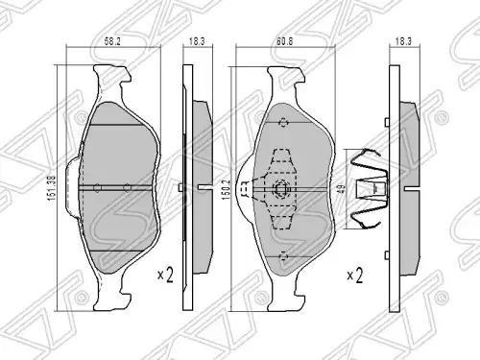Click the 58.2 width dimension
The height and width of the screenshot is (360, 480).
point(112,41)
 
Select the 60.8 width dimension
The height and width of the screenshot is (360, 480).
point(284,41)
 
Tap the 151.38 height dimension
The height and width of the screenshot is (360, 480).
point(52,188)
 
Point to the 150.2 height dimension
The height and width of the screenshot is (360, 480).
point(226,190)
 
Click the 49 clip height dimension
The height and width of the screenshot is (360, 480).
point(342,188)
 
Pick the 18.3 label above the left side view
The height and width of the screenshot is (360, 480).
point(197,41)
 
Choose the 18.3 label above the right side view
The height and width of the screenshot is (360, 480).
point(403,41)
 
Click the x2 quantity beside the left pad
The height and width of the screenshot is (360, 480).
point(165,275)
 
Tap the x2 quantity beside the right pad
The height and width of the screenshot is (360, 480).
point(355,276)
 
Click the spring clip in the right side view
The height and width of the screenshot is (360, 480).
point(369,189)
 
